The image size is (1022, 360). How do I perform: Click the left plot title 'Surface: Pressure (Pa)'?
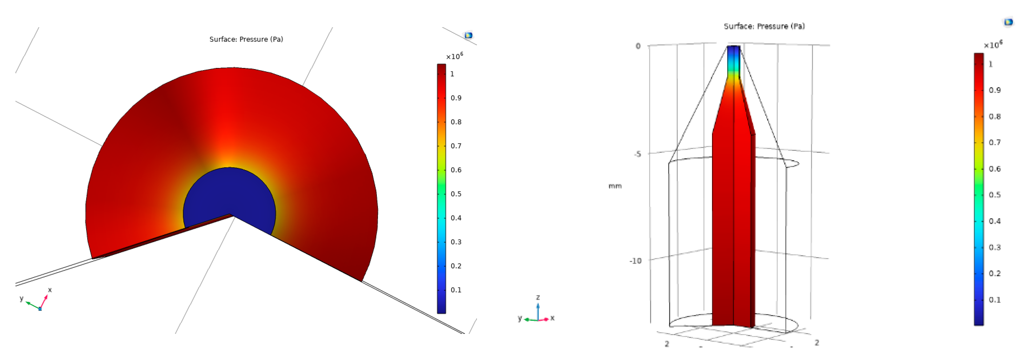[x=246, y=39]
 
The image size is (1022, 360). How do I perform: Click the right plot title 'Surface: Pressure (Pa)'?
[x=764, y=26]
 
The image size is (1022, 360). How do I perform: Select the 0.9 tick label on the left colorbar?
[x=456, y=98]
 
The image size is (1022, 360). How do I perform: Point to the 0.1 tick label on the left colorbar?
[x=456, y=290]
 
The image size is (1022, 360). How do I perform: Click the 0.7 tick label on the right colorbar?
[x=994, y=142]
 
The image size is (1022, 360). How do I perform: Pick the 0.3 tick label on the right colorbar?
[x=994, y=247]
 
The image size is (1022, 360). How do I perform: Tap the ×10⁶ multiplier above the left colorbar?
[x=454, y=56]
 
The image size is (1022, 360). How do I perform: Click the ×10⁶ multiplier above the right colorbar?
[x=993, y=45]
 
